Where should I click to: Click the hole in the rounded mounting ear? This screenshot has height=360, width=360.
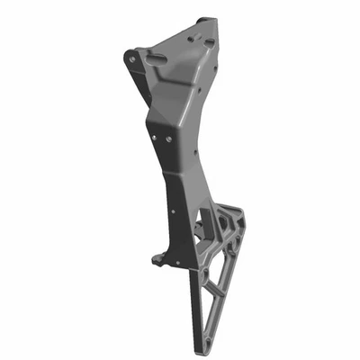click(x=132, y=58)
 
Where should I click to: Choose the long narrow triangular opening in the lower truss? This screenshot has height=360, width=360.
click(x=213, y=297)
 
